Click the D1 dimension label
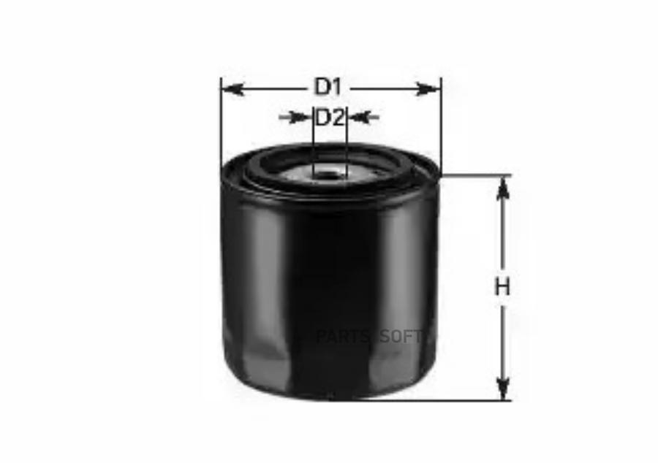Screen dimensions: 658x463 (328, 87)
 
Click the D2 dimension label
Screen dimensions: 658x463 (330, 118)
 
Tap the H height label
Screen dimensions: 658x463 (502, 287)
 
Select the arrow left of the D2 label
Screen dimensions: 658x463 (296, 118)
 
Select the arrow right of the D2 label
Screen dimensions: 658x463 (363, 117)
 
